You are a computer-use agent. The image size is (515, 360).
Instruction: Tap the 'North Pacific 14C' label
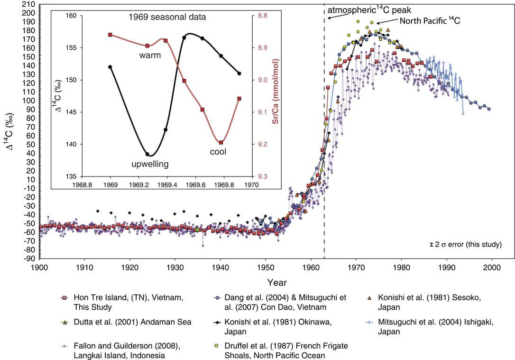coord(430,21)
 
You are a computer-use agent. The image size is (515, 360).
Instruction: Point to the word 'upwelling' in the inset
coord(150,164)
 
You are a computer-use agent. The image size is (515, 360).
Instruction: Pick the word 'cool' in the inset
coord(219,152)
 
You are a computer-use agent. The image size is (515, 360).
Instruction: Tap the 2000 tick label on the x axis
coord(492,268)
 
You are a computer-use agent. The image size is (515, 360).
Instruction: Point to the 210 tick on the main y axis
coord(28,5)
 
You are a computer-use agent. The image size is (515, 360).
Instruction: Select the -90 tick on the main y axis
coord(28,258)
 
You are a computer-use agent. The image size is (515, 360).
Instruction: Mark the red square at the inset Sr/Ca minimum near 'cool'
coord(221,142)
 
